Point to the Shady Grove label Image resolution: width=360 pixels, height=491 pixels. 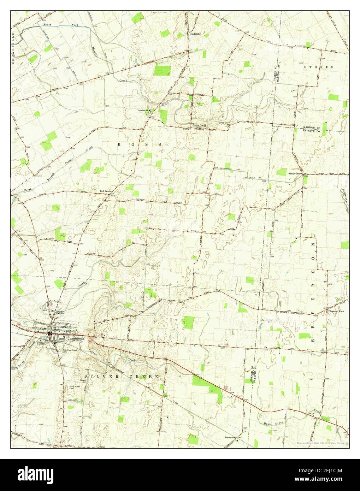point(295,174)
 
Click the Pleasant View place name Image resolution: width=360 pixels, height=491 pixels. point(336,311)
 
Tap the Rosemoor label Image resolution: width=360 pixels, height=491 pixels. point(230,437)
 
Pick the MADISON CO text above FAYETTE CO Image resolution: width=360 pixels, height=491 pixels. point(311,127)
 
